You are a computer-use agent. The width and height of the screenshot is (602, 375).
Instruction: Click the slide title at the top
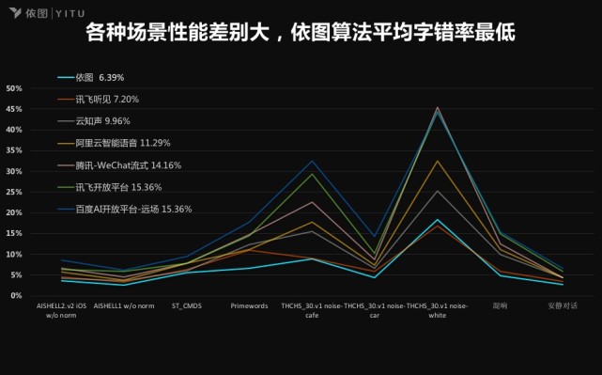[300, 36]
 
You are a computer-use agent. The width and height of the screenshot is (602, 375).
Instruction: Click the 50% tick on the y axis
[14, 88]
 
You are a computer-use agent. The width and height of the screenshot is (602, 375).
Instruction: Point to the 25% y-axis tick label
[14, 192]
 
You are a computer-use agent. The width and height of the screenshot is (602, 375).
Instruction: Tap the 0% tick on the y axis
[16, 295]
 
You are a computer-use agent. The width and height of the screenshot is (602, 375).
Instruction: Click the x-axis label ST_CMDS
[186, 305]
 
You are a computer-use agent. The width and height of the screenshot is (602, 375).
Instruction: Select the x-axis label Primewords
[249, 305]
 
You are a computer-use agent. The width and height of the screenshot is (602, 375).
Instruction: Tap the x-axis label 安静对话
[563, 305]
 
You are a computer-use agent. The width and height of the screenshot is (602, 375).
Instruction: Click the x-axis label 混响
[501, 305]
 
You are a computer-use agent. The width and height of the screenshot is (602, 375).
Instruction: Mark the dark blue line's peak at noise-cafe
[313, 161]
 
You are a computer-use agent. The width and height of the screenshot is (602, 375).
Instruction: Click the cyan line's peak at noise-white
[438, 219]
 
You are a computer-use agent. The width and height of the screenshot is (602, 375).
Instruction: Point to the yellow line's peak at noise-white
[438, 161]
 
